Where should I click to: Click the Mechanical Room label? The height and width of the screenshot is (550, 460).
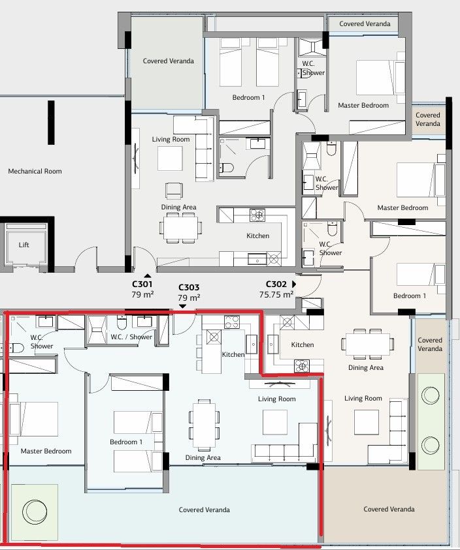[x=35, y=172]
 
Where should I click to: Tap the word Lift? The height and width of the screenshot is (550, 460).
[x=24, y=245]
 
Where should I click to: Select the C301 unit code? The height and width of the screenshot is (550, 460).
[x=142, y=284]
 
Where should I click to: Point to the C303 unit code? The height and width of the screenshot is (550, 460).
[x=188, y=287]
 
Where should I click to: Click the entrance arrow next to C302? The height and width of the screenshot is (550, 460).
[x=294, y=284]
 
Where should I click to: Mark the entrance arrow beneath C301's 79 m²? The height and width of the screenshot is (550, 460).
[x=148, y=276]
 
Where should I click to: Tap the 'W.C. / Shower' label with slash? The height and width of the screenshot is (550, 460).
[x=131, y=337]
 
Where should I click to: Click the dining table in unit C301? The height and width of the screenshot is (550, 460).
[x=181, y=228]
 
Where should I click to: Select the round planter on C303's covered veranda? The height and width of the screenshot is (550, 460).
[x=33, y=512]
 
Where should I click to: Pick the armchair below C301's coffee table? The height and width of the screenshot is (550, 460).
[x=174, y=191]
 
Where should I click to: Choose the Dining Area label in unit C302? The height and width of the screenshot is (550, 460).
[x=366, y=367]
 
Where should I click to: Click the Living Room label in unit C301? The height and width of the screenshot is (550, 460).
[x=171, y=139]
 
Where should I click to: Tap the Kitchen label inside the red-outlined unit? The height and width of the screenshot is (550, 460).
[x=233, y=354]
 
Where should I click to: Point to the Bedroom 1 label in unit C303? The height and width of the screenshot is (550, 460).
[x=127, y=442]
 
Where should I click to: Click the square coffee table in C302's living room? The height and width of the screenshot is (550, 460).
[x=367, y=422]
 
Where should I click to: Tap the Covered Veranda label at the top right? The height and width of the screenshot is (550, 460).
[x=365, y=24]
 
